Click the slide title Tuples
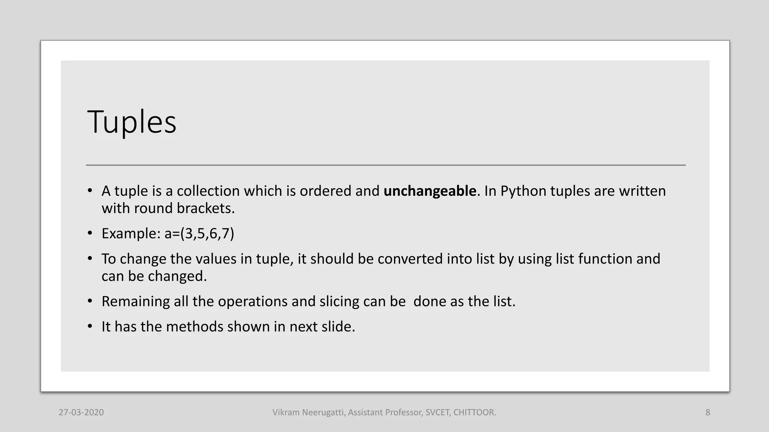[131, 122]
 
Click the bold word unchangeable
[430, 191]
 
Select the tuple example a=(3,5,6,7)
[199, 234]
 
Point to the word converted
[410, 259]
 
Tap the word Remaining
[136, 301]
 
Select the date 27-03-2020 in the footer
[81, 412]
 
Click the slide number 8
[708, 412]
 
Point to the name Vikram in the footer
[286, 412]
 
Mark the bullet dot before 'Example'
[90, 234]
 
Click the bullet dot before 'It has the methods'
[90, 327]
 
